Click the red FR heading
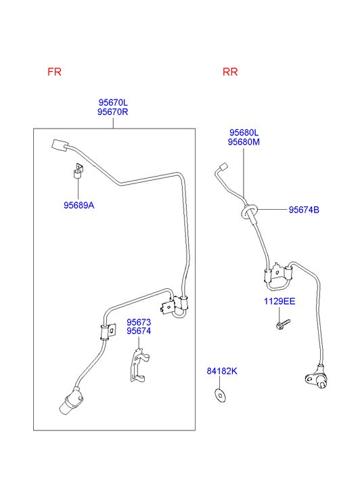pos(54,72)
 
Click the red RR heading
pos(230,72)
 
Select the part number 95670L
pos(113,102)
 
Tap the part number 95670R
pos(113,112)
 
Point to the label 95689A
pos(78,205)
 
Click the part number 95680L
pos(244,133)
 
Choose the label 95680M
pos(244,142)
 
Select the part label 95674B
pos(304,210)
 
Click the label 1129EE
pos(279,301)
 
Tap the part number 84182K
pos(222,371)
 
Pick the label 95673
pos(139,322)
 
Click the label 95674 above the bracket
pos(139,331)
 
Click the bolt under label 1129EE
pos(283,324)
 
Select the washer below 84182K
pos(220,395)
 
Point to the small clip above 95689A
pos(78,171)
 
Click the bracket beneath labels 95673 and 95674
pos(139,365)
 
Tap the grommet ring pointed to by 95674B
pos(249,211)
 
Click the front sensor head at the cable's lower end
pos(71,402)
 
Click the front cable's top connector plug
pos(60,146)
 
